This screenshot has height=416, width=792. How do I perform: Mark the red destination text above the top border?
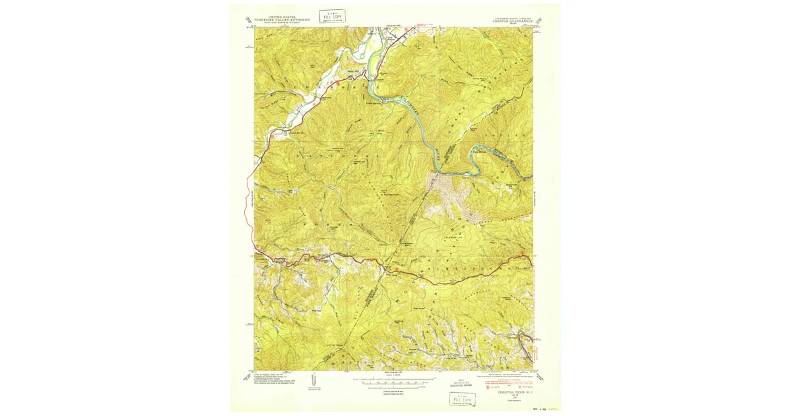tap(422, 25)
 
